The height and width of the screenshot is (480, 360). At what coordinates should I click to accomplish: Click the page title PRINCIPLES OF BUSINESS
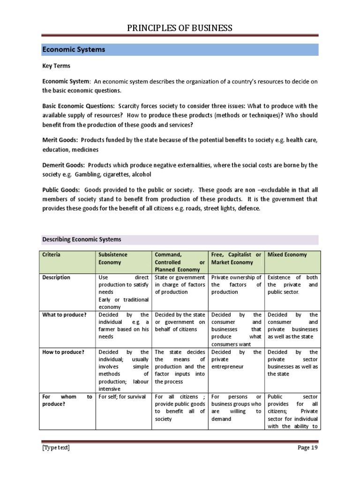(x=180, y=29)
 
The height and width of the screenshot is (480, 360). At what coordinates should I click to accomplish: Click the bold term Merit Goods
(x=60, y=140)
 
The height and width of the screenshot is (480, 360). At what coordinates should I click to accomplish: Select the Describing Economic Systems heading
(x=82, y=239)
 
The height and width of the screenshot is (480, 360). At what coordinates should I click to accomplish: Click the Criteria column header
(x=52, y=255)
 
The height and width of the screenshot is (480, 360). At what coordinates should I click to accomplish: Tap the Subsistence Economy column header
(x=112, y=258)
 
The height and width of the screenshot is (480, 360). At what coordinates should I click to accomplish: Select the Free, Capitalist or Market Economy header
(x=236, y=258)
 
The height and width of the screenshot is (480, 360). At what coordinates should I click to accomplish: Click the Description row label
(x=56, y=277)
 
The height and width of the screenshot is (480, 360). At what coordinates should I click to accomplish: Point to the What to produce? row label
(x=64, y=315)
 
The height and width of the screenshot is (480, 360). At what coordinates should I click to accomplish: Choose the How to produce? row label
(x=63, y=352)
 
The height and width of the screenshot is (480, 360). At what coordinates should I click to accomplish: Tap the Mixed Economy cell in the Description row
(x=292, y=285)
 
